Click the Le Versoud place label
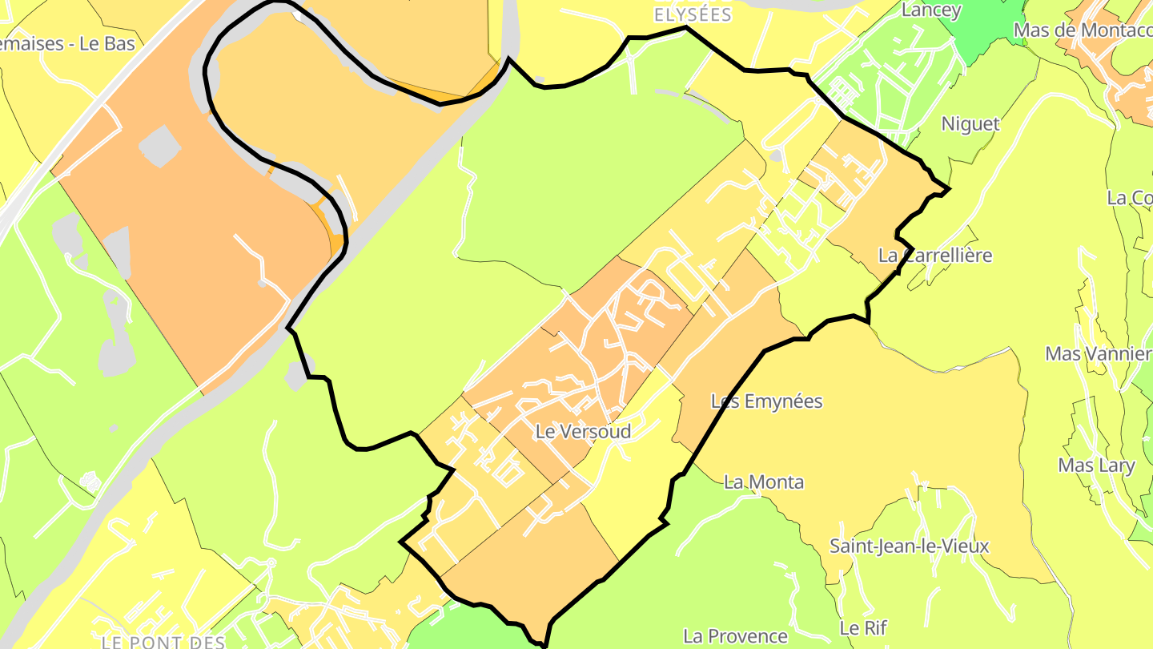point(583,431)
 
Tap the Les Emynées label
point(766,401)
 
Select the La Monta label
point(763,482)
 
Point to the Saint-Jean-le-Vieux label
point(909,546)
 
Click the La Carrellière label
point(934,256)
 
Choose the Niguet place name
point(970,124)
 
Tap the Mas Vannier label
point(1098,353)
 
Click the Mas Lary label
point(1096,466)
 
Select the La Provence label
point(735,636)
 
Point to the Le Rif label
point(863,627)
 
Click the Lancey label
point(931,10)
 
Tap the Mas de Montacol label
point(1082,30)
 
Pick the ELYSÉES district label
point(693,15)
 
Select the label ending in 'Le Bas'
point(67,44)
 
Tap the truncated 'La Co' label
point(1129,198)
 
